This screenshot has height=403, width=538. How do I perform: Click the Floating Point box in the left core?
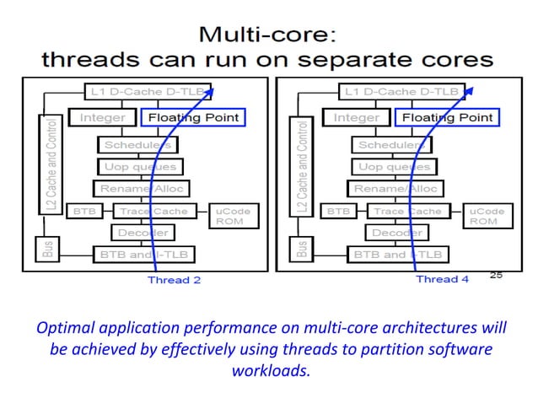coord(193,118)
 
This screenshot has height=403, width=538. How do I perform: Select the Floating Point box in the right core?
coord(447,118)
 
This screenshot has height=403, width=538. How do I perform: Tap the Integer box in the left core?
coord(102,118)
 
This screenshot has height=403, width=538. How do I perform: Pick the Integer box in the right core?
coord(357,118)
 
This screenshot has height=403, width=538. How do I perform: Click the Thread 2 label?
coord(174,279)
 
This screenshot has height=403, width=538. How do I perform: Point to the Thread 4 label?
coord(437,279)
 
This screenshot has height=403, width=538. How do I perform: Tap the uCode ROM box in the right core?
coord(484,216)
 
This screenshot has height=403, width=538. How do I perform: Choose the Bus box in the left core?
coord(48,250)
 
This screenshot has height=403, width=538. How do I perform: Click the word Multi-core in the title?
coord(268,35)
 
